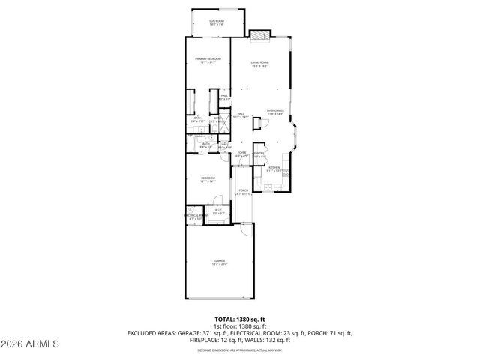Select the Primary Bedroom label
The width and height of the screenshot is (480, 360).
(208, 60)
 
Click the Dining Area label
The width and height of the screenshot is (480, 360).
(274, 112)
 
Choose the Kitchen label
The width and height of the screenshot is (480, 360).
(274, 169)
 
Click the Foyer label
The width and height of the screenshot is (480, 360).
(241, 154)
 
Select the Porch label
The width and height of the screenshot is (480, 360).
(244, 192)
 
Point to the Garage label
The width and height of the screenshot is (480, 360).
(220, 262)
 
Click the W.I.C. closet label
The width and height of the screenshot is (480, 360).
(218, 211)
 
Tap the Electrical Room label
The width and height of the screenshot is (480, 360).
(195, 217)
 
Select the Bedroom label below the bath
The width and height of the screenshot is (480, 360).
(208, 179)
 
